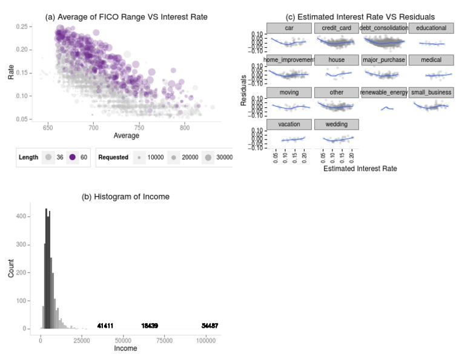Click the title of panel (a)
127,17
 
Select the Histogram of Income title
126,196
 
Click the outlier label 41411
105,326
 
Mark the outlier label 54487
209,326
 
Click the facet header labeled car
289,28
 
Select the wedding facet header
336,124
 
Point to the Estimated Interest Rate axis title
360,168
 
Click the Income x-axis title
126,350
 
